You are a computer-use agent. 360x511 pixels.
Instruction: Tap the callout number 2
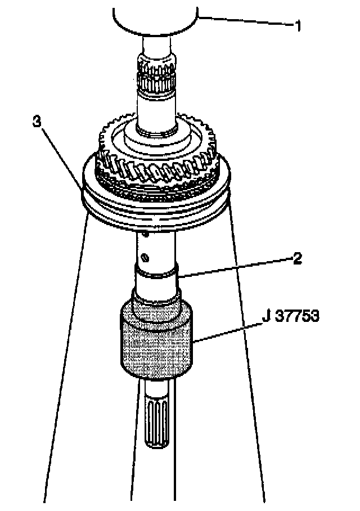coord(297,258)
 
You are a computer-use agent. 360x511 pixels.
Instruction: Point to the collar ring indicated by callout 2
coord(156,273)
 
